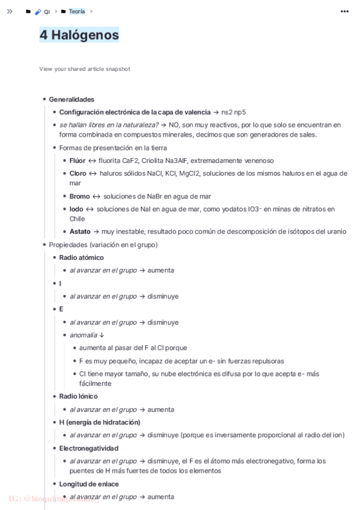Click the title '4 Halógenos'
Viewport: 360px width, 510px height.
79,35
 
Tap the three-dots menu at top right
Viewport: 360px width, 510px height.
344,11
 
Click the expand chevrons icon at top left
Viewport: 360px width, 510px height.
10,11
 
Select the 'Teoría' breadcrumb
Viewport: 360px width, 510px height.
76,11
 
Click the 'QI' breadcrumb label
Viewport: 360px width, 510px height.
47,11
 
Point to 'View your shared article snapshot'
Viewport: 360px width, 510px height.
85,69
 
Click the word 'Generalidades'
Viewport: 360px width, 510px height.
72,99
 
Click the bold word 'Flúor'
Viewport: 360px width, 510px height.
78,161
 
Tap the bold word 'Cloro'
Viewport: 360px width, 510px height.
78,173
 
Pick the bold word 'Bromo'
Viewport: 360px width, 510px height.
79,196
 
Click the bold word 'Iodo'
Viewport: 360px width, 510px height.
76,209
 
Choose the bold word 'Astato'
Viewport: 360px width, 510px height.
80,232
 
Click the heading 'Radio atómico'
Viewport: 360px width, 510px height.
81,257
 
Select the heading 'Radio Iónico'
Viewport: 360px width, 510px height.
78,396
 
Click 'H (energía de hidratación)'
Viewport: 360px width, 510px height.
99,422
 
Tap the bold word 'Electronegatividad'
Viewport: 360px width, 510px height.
89,448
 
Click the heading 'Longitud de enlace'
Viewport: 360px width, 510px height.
89,484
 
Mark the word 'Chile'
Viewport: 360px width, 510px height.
77,219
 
